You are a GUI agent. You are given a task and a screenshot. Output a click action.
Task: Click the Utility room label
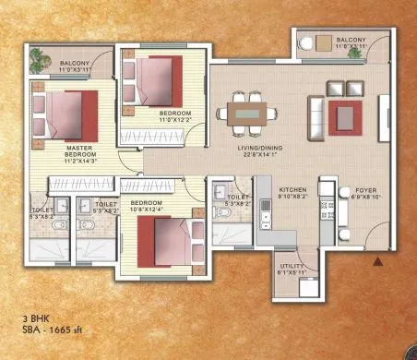tap(293, 269)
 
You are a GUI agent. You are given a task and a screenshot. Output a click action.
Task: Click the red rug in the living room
tap(345, 116)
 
